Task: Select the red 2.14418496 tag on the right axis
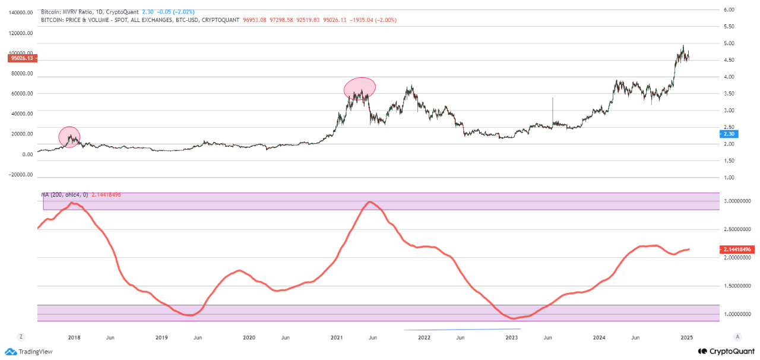click(737, 250)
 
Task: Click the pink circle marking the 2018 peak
click(69, 137)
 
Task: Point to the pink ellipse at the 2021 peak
click(360, 89)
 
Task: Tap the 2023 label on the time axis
click(512, 337)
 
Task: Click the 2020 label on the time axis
click(249, 337)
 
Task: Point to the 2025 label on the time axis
click(687, 337)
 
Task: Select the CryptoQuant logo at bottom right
click(726, 351)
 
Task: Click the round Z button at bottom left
click(21, 337)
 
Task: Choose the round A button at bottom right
click(737, 337)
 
